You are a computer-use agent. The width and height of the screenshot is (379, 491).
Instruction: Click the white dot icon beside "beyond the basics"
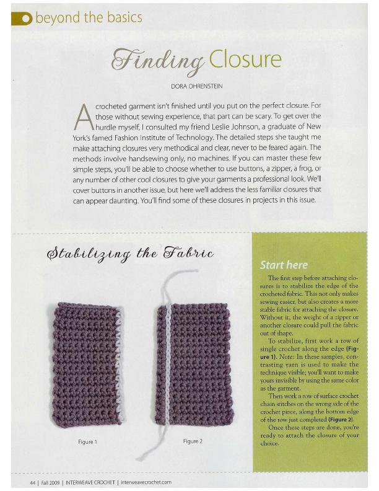pyautogui.click(x=25, y=19)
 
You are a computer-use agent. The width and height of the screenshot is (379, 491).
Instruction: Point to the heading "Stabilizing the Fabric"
pyautogui.click(x=131, y=254)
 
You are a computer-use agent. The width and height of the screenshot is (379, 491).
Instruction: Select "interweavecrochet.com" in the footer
pyautogui.click(x=147, y=482)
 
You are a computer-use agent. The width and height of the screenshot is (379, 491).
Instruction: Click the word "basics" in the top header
pyautogui.click(x=124, y=17)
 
